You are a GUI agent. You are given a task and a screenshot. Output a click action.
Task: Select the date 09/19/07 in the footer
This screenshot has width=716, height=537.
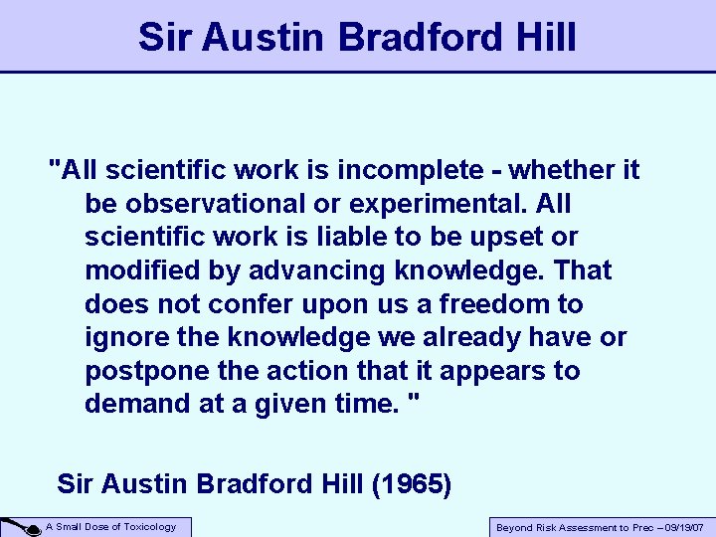681,528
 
